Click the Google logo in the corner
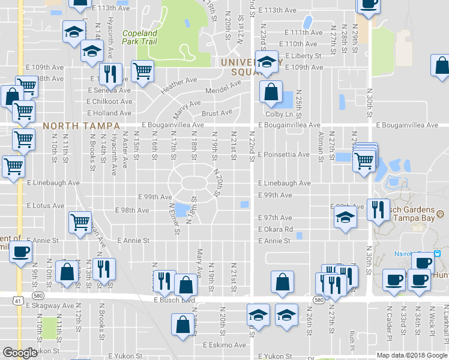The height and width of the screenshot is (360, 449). click(x=20, y=353)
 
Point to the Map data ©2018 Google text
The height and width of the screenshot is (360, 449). click(x=411, y=355)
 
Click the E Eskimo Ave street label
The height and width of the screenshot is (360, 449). click(x=224, y=346)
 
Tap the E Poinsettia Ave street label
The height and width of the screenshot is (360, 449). click(x=284, y=155)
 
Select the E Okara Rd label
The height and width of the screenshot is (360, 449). click(x=276, y=230)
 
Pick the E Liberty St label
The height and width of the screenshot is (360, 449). click(x=303, y=56)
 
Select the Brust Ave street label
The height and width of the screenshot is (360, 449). click(x=217, y=113)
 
